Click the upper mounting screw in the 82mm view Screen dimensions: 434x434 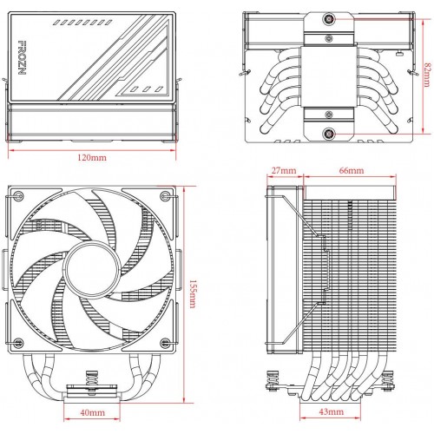point(329,19)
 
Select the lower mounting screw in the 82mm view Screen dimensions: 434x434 point(329,133)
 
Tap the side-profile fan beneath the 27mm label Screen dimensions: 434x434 point(283,278)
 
